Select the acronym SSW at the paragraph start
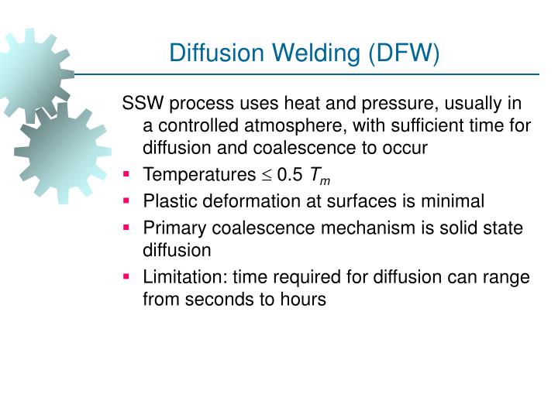[142, 104]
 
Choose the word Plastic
[168, 201]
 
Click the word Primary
[172, 228]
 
